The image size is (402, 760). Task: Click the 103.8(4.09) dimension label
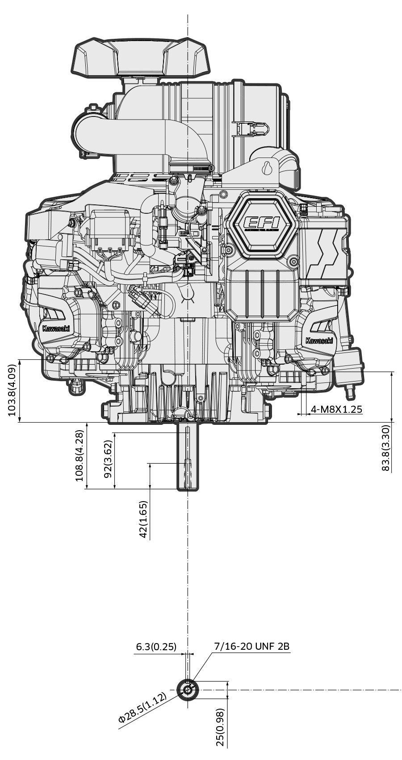(x=12, y=390)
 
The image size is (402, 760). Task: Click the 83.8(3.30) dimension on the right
(x=386, y=448)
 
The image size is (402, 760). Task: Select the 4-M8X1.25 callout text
(x=336, y=409)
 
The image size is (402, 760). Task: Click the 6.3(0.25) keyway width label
(x=156, y=647)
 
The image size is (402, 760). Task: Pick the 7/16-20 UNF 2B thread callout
(x=252, y=646)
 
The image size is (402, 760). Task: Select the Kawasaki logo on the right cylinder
(x=319, y=341)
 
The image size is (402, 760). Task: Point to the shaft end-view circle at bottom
(x=188, y=690)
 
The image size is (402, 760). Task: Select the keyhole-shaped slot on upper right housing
(x=268, y=168)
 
